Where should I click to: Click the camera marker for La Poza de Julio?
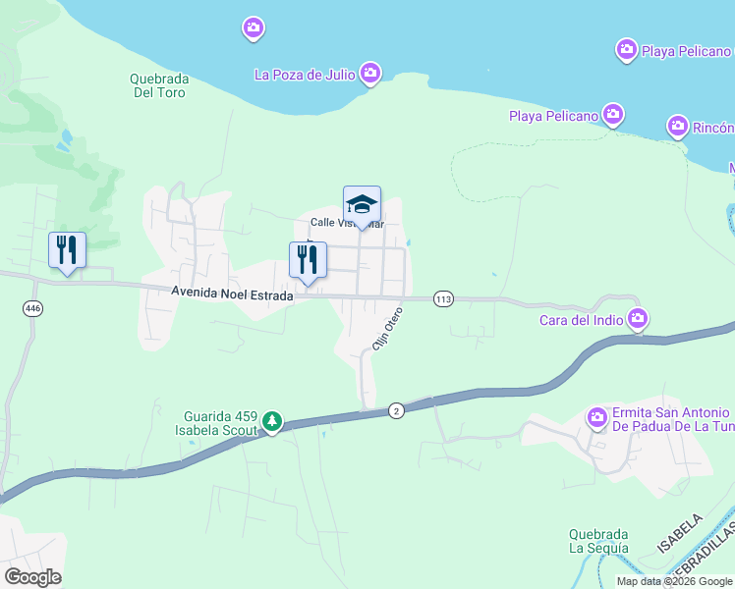point(370,73)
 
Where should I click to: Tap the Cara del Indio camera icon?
point(639,318)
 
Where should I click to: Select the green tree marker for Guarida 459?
point(272,423)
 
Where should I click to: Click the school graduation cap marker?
point(362,205)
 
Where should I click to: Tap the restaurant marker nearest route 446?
point(67,250)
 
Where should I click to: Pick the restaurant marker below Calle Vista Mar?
point(308,260)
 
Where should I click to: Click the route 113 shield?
point(443,298)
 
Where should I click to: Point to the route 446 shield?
point(33,308)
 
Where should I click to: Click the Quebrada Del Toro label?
point(158,85)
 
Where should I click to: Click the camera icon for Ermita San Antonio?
point(597,419)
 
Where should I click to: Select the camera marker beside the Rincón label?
point(677,127)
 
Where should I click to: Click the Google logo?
point(32,577)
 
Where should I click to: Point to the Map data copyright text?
point(673,581)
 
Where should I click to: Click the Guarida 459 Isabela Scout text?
point(219,423)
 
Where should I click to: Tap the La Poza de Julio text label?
point(305,74)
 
